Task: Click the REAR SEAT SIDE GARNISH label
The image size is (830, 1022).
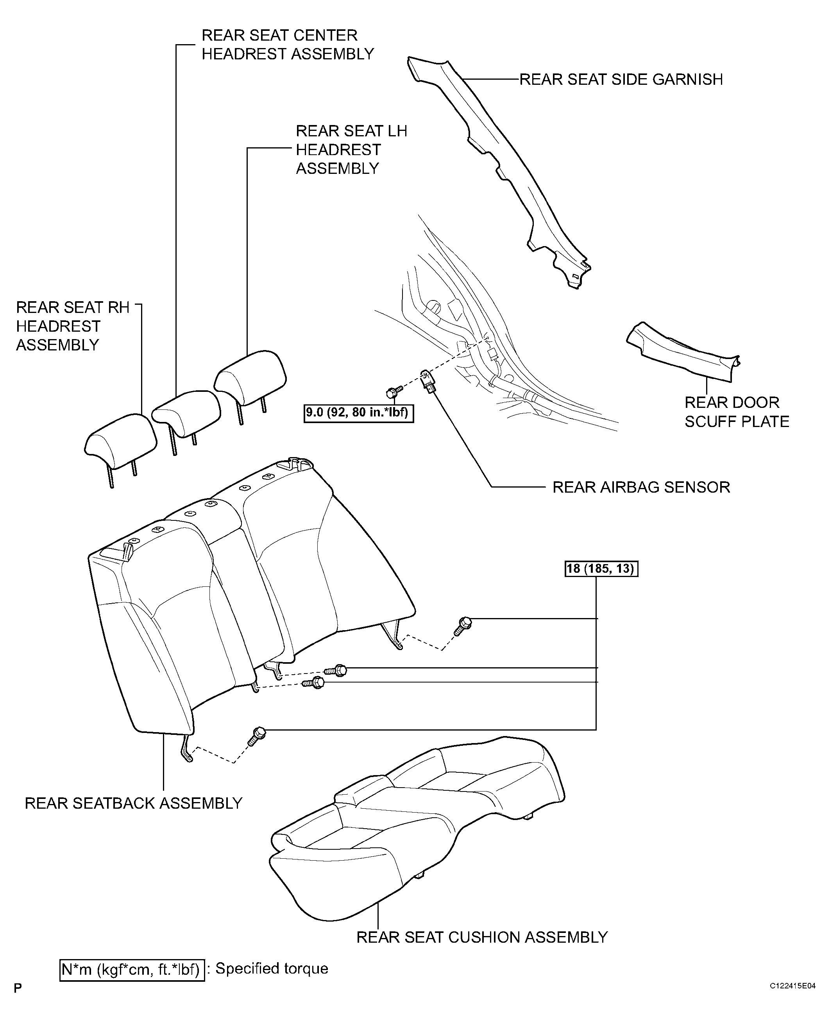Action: pos(621,79)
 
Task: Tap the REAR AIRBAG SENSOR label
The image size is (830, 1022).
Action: pos(641,487)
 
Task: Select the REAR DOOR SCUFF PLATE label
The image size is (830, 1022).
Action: pos(736,412)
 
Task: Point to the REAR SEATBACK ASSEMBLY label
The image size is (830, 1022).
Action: pos(133,803)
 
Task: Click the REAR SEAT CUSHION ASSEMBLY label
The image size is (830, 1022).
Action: pos(482,937)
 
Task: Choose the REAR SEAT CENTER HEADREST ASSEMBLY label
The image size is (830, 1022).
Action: pos(287,45)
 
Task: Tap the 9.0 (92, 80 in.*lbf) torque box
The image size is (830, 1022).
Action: pos(359,413)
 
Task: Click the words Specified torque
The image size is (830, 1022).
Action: pos(272,968)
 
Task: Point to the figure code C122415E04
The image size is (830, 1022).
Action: pos(792,986)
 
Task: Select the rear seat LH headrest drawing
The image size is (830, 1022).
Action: pos(250,385)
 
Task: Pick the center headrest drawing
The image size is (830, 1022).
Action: pos(186,419)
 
